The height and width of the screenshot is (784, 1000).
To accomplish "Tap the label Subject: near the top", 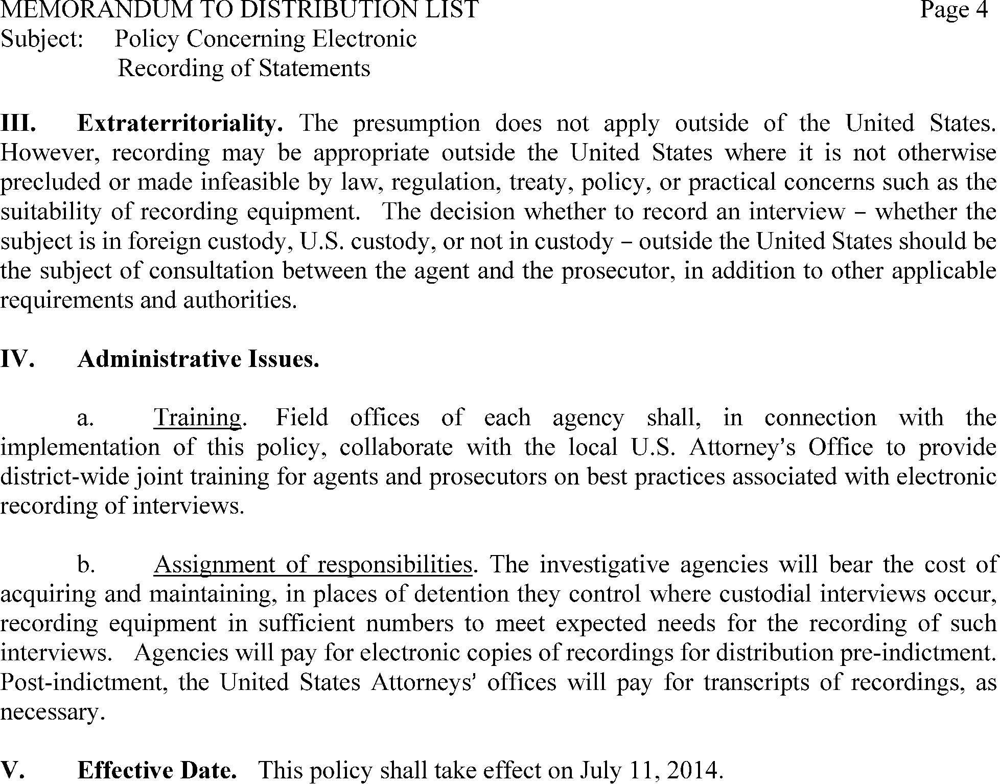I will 42,39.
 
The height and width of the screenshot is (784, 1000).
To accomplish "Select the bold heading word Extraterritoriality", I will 180,123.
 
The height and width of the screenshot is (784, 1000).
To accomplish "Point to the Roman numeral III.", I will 18,123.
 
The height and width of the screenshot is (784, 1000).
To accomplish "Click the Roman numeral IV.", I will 17,359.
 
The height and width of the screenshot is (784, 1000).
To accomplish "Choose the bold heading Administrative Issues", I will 198,359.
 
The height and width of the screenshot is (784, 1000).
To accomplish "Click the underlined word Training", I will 197,418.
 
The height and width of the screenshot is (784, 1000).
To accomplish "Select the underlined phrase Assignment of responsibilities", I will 313,565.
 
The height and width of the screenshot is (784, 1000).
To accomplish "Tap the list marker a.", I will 85,418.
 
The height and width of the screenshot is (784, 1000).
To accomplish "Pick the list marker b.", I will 86,565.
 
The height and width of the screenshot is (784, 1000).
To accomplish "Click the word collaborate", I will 396,447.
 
